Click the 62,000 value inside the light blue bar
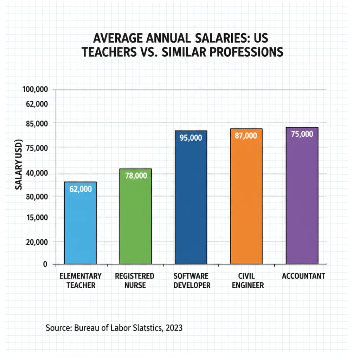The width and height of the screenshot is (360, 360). coord(81,189)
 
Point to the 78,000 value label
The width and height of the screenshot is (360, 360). coord(136,176)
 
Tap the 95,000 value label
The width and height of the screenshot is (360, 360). coord(191,138)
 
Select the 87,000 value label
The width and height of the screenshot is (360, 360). coord(246,136)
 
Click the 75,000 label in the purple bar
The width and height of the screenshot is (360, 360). coord(302,134)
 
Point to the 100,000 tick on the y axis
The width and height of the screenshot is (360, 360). coord(35,90)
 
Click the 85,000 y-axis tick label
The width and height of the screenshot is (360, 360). coord(37,123)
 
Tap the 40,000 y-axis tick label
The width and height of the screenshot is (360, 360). coord(37,173)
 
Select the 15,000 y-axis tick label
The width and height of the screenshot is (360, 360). coord(37,218)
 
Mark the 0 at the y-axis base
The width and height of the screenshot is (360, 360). coord(45,264)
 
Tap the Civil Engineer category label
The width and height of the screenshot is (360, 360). coord(246,280)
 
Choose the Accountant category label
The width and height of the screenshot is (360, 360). coord(303,276)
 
